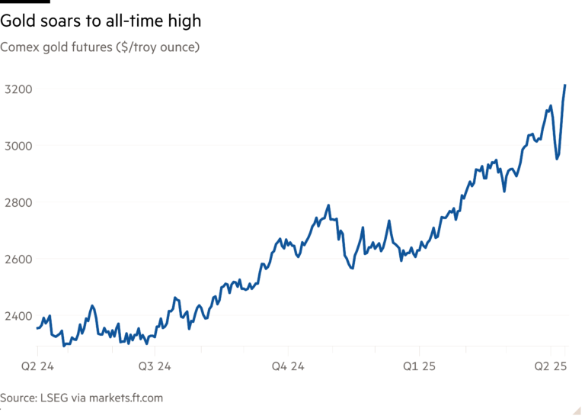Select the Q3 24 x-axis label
click(x=155, y=366)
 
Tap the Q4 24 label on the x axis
click(x=289, y=366)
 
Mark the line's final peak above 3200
click(x=564, y=85)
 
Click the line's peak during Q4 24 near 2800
click(x=328, y=205)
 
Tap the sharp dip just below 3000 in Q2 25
click(x=557, y=159)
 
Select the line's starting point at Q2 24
click(x=37, y=329)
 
